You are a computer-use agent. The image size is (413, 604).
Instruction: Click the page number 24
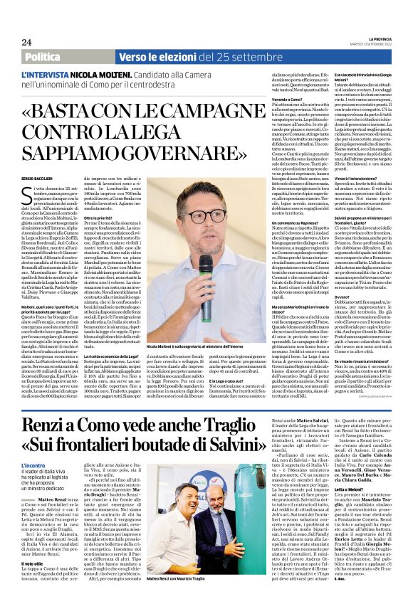point(26,42)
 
